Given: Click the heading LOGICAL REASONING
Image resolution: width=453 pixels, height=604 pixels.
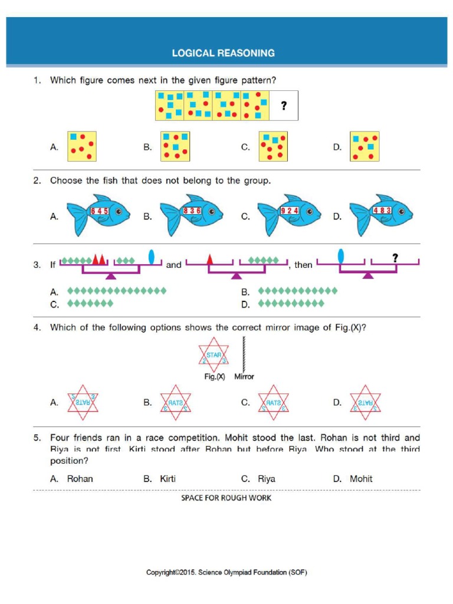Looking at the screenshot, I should (223, 53).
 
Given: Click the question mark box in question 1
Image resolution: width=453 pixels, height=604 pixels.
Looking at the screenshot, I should (284, 106).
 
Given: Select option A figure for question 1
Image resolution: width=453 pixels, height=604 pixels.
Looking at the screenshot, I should (82, 146).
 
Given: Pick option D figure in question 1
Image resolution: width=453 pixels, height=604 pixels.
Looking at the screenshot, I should (364, 146).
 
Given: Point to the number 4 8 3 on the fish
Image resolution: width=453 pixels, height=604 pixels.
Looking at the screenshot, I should (382, 210).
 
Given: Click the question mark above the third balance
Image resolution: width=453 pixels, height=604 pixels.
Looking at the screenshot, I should (395, 258).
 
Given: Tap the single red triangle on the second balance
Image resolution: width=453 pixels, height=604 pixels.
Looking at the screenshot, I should (209, 259).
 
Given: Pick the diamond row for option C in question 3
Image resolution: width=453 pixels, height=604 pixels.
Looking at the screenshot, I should (90, 304).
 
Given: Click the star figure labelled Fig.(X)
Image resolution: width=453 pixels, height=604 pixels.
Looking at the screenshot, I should (214, 356).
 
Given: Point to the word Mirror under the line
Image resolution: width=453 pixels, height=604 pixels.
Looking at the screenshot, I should (244, 377).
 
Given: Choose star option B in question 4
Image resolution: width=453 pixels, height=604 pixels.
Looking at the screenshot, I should (175, 403).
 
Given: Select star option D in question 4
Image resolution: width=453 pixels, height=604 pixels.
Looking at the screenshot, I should (365, 403).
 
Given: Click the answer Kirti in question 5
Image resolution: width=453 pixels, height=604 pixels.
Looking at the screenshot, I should (168, 479).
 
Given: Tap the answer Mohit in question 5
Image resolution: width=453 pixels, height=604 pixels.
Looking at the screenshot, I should (361, 479).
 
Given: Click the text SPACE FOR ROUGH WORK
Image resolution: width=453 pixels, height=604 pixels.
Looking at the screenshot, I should (226, 498).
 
